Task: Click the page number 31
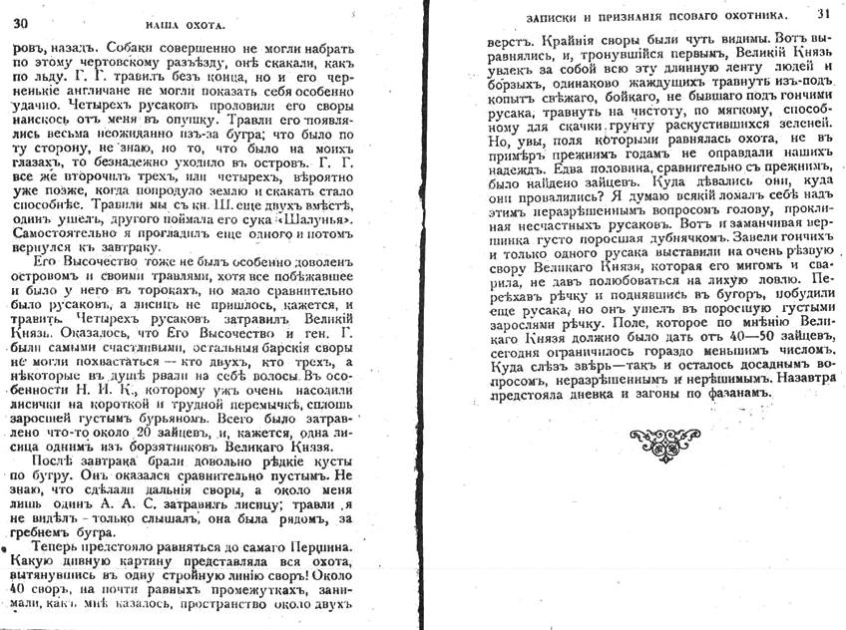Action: pyautogui.click(x=823, y=14)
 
